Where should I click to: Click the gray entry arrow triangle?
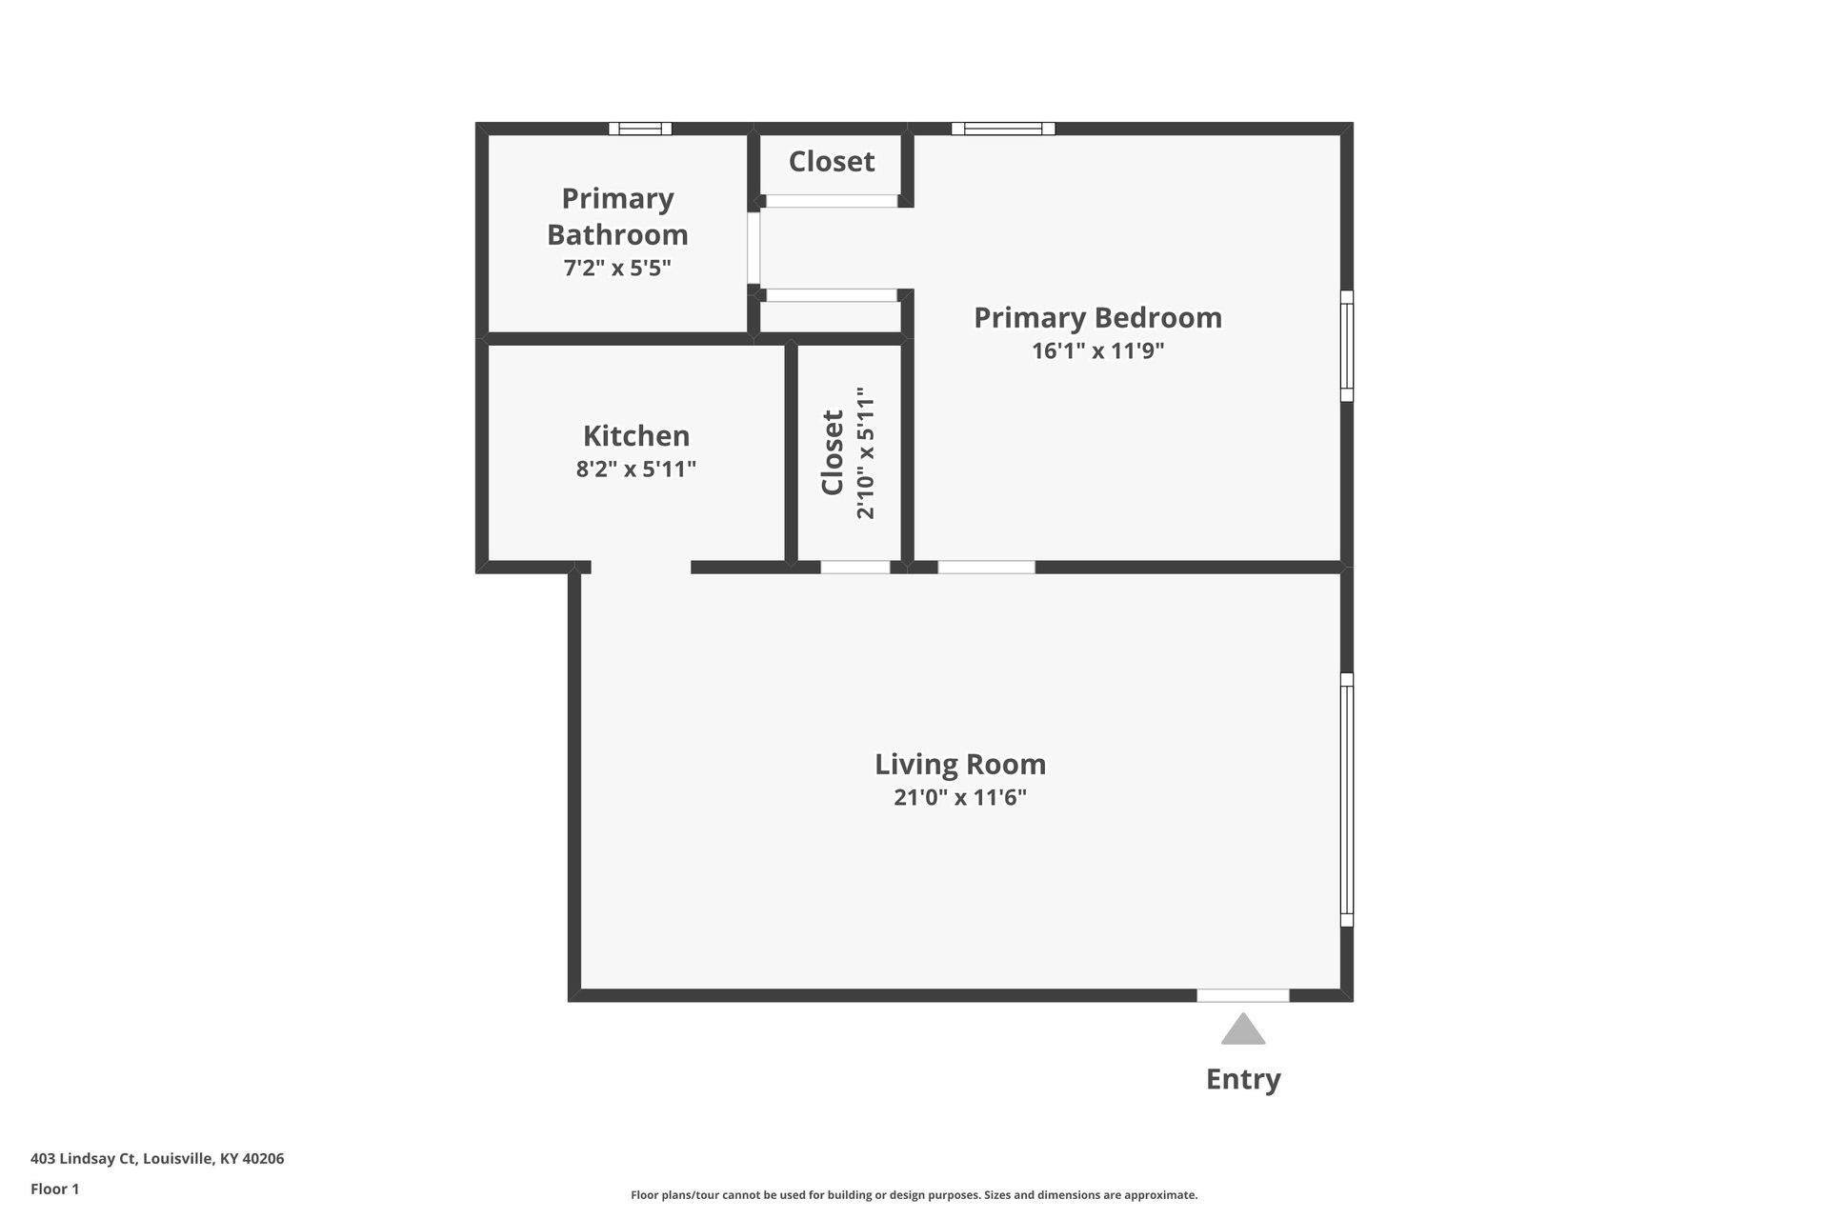point(1243,1031)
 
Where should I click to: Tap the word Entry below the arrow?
point(1243,1079)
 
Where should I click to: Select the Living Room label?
point(960,764)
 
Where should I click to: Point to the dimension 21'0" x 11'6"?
point(960,797)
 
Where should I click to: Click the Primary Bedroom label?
point(1097,317)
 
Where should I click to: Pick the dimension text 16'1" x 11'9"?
point(1097,350)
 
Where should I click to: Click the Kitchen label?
point(636,435)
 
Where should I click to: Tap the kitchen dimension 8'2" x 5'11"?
point(636,469)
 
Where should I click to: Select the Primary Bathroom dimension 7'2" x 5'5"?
point(617,268)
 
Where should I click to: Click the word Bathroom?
point(617,234)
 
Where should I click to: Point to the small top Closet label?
point(832,161)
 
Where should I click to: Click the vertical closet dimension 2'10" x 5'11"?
point(865,452)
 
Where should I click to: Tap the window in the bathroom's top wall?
point(640,129)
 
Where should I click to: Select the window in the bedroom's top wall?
point(1003,129)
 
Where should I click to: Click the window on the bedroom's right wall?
point(1347,346)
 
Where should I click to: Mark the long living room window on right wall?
point(1347,800)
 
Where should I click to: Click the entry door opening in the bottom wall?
point(1243,995)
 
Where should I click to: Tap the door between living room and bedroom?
point(986,568)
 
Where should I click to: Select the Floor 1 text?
point(55,1189)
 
